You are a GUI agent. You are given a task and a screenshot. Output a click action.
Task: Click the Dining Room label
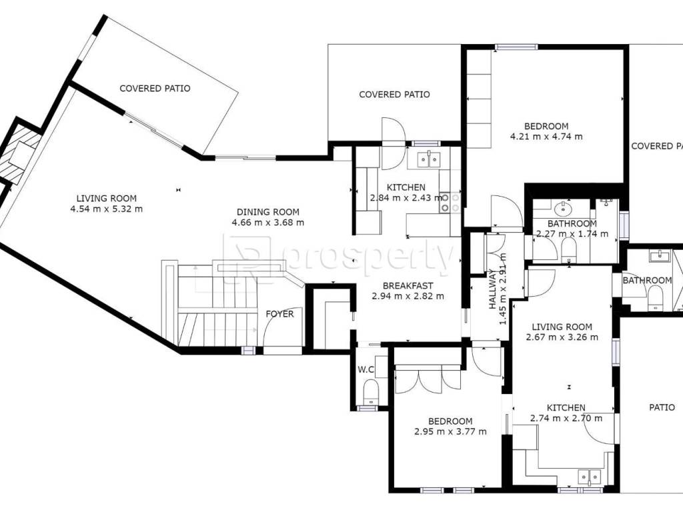point(268,213)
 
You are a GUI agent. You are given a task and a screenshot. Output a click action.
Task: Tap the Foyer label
point(279,314)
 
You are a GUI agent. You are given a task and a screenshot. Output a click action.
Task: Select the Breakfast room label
point(408,286)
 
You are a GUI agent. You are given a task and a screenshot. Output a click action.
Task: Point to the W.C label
point(366,369)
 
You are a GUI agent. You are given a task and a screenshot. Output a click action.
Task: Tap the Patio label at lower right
point(662,407)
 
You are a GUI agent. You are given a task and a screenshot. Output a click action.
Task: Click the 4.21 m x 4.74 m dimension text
point(546,137)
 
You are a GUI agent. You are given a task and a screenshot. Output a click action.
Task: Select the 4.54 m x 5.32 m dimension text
point(106,209)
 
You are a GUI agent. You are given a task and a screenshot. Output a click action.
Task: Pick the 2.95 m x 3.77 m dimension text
point(450,432)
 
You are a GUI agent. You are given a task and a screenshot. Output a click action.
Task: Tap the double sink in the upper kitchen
point(430,160)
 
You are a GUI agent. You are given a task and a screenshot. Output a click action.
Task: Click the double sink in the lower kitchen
point(590,477)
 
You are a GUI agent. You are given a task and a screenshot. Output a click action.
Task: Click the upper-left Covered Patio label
point(155,89)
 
